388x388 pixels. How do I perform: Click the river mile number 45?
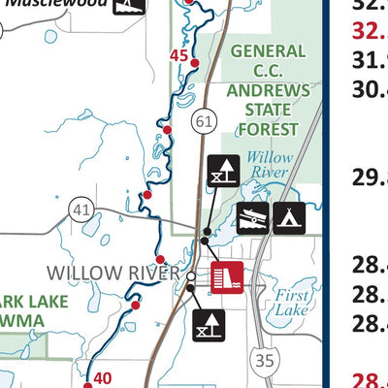[x=178, y=55]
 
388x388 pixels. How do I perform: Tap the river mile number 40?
[x=102, y=378]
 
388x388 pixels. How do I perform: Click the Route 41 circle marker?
[x=80, y=209]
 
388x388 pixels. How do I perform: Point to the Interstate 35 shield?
[x=260, y=361]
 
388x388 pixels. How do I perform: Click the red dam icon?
[x=230, y=276]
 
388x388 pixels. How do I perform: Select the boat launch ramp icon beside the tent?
[x=253, y=218]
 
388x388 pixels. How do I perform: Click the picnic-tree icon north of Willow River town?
[x=221, y=171]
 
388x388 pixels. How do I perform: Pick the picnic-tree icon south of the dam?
[x=209, y=326]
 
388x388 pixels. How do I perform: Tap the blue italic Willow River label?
[x=268, y=166]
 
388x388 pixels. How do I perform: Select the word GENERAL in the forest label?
[x=268, y=50]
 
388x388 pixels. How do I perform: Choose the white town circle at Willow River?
[x=191, y=275]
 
